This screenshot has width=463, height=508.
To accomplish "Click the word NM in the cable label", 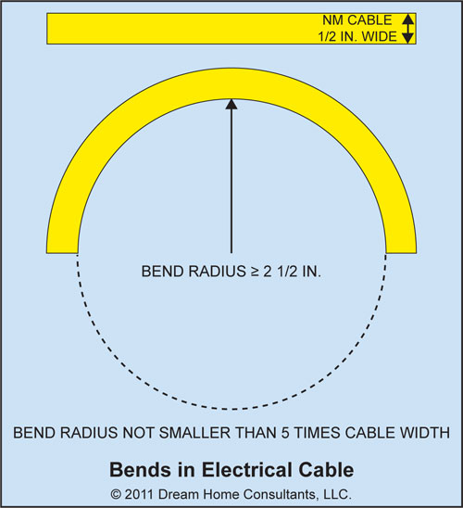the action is pos(333,20).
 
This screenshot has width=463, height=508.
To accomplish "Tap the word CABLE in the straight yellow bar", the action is pos(369,20).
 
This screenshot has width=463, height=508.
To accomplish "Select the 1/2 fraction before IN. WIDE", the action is pos(327,36).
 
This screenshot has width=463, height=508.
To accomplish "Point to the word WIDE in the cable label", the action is pos(380,36).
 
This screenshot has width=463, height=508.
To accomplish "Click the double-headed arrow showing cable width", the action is pos(408,29).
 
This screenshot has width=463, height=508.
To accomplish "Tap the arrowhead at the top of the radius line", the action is pos(231,104).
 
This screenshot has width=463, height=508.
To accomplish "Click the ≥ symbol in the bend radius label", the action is pos(255,272).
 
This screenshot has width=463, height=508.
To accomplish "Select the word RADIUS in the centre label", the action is pos(218,272).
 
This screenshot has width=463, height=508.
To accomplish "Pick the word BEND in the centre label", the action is pos(163,272).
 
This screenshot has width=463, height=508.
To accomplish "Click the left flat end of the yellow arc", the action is pos(62,253).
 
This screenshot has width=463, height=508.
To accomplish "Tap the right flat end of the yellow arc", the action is pos(401,253).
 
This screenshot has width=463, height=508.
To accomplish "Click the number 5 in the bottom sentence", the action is pos(285,433).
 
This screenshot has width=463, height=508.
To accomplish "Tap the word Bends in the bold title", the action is pos(140,470).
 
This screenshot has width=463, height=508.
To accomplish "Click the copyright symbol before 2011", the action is pos(116,495).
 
